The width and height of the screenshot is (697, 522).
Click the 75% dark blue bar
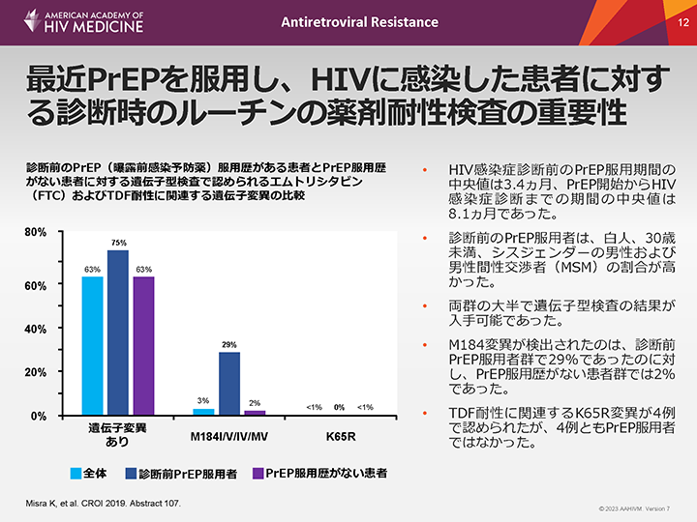pos(118,332)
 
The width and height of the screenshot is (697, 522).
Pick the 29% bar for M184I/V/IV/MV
pos(229,383)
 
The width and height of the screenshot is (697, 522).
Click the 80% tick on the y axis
pos(35,233)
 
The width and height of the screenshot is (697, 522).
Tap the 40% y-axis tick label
pos(35,329)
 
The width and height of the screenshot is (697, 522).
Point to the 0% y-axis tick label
pos(38,416)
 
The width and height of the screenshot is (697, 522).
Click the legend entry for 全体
pos(89,474)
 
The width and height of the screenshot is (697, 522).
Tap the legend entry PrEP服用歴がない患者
pos(318,474)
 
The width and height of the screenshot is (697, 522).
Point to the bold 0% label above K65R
pos(339,407)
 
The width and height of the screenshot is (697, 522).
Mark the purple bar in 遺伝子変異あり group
pos(144,345)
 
